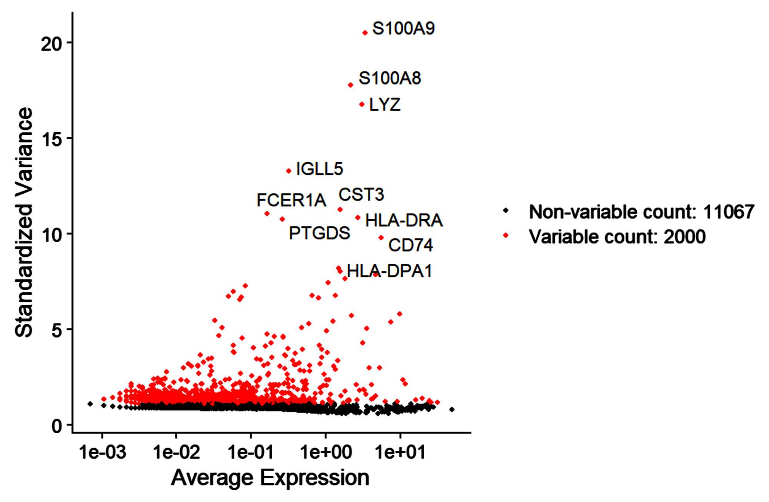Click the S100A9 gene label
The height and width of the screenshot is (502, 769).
[403, 29]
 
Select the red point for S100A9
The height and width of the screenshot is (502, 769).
[365, 33]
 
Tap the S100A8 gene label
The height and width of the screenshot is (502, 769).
[389, 78]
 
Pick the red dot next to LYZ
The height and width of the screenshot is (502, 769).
[362, 105]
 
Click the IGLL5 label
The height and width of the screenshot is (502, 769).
[320, 169]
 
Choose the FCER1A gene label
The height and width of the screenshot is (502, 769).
[291, 200]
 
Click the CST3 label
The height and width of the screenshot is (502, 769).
[361, 194]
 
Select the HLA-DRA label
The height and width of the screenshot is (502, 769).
[404, 221]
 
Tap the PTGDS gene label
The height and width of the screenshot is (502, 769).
[320, 233]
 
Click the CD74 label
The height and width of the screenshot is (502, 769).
[410, 245]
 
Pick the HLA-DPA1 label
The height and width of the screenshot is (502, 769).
[389, 271]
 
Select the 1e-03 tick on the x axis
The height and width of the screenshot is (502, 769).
[103, 452]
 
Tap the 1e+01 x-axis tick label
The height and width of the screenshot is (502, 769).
[400, 452]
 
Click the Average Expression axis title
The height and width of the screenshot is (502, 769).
[270, 478]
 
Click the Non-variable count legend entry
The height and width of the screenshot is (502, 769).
[641, 212]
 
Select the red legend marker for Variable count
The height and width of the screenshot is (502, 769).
[506, 236]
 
